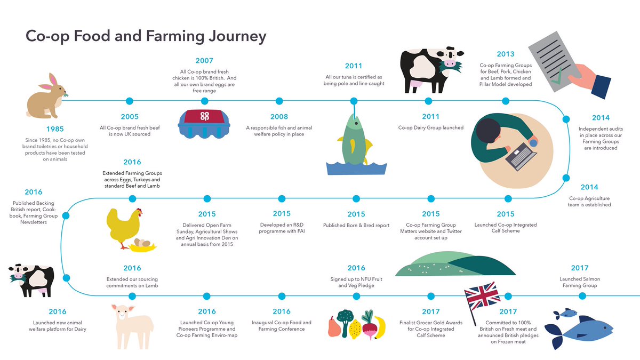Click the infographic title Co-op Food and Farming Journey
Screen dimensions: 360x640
[146, 37]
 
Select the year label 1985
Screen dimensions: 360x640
[55, 129]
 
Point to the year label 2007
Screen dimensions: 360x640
[204, 61]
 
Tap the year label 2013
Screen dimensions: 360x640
[505, 54]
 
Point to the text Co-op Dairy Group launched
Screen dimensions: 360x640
[431, 127]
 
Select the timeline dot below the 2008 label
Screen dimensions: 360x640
[279, 101]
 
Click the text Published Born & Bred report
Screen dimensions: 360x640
[356, 226]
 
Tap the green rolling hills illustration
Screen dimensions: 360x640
[456, 263]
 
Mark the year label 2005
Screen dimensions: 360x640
[129, 117]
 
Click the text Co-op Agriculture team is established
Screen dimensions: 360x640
[589, 201]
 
